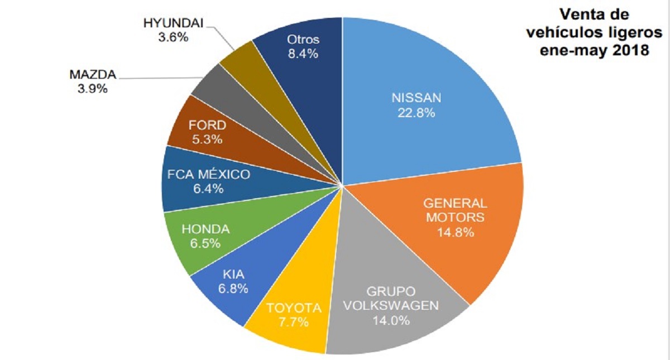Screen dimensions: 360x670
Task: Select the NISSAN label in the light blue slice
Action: pyautogui.click(x=416, y=98)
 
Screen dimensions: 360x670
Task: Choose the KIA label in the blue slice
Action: pyautogui.click(x=233, y=274)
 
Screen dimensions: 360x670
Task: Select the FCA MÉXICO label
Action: pyautogui.click(x=209, y=174)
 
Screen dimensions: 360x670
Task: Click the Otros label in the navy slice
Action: pyautogui.click(x=303, y=40)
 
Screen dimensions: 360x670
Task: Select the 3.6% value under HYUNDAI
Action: pyautogui.click(x=173, y=37)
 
